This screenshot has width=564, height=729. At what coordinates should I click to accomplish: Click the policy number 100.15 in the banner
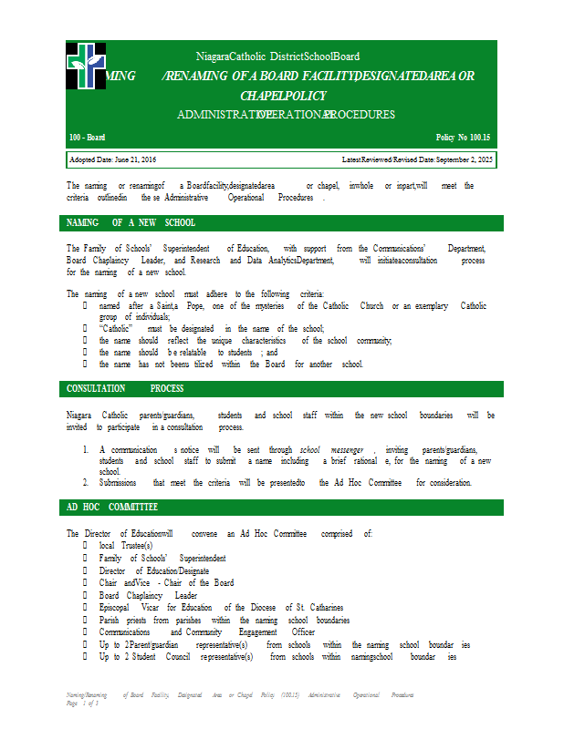click(464, 137)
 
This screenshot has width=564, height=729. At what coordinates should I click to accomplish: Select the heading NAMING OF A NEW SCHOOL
click(131, 222)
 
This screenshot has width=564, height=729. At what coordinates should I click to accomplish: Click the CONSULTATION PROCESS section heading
click(125, 388)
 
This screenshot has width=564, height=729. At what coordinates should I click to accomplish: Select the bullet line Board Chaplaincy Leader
click(148, 595)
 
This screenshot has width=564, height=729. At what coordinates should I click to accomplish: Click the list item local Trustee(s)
click(126, 545)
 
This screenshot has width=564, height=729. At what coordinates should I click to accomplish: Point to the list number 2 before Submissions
click(85, 482)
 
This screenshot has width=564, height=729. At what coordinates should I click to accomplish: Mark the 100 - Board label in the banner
click(88, 137)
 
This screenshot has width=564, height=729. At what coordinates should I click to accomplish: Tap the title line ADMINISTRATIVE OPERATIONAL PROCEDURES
click(286, 115)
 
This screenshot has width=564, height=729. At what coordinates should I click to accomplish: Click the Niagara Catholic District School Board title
click(277, 56)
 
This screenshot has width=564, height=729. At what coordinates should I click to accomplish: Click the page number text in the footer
click(82, 703)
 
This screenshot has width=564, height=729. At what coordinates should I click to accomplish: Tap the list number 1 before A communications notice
click(85, 450)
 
